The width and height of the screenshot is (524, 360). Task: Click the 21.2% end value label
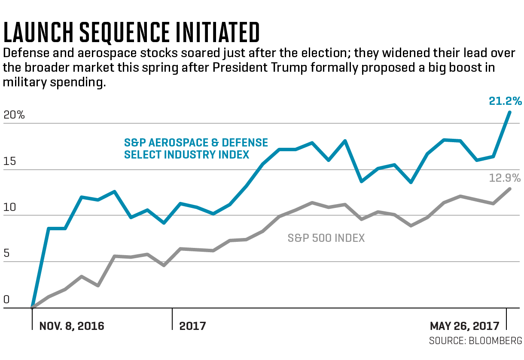tap(505, 101)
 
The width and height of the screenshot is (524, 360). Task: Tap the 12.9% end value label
tap(505, 178)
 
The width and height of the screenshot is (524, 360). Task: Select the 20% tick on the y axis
tap(14, 115)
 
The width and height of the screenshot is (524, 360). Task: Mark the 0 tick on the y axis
tap(6, 300)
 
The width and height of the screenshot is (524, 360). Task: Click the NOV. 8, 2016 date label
tap(72, 326)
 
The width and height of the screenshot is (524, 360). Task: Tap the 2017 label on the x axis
tap(193, 326)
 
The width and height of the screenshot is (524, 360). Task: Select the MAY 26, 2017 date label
tap(465, 326)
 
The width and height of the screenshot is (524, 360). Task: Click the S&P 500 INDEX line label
tap(326, 238)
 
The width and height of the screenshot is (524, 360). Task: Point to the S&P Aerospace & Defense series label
tap(196, 148)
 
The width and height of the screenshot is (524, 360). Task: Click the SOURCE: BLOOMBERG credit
tap(475, 341)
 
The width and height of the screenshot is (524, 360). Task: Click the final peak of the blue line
tap(510, 112)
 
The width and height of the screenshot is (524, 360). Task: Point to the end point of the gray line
tap(510, 189)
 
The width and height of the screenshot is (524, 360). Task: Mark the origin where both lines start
tap(32, 308)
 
